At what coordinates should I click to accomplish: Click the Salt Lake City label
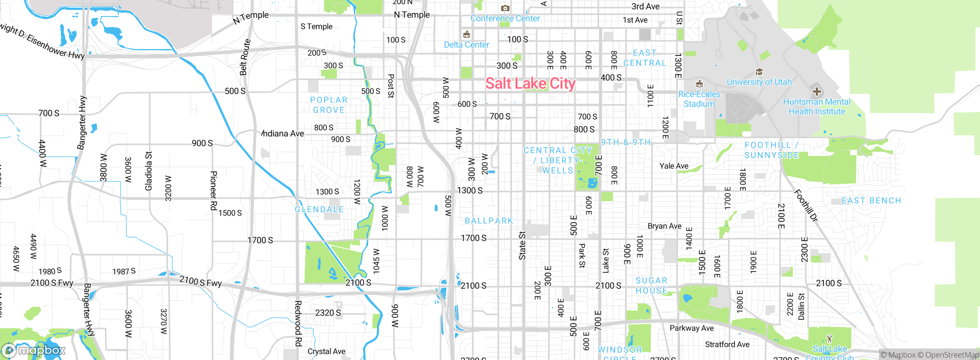point(530,83)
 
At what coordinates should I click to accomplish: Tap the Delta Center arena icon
point(466,35)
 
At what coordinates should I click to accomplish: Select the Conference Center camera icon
point(505,8)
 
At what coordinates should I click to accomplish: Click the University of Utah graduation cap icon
point(759,72)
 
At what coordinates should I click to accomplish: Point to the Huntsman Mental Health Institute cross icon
point(817,91)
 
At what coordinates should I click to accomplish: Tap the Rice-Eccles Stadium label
point(699,99)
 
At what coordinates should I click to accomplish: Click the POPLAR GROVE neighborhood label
point(328,105)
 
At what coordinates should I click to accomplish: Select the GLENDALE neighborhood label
point(319,209)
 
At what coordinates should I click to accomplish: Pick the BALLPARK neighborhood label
point(488,221)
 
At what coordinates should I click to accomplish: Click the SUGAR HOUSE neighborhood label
point(651,286)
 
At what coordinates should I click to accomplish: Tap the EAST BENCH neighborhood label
point(871,201)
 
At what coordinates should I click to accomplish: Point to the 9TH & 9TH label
point(626,142)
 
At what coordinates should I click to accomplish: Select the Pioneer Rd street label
point(214,190)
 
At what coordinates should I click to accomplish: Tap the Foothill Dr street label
point(806,206)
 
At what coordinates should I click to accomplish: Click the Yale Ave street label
point(674,166)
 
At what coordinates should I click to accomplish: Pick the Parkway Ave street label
point(691,328)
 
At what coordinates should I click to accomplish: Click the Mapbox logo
point(34,350)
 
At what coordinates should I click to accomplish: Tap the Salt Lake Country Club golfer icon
point(829,339)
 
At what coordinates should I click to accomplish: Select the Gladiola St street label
point(149,171)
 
